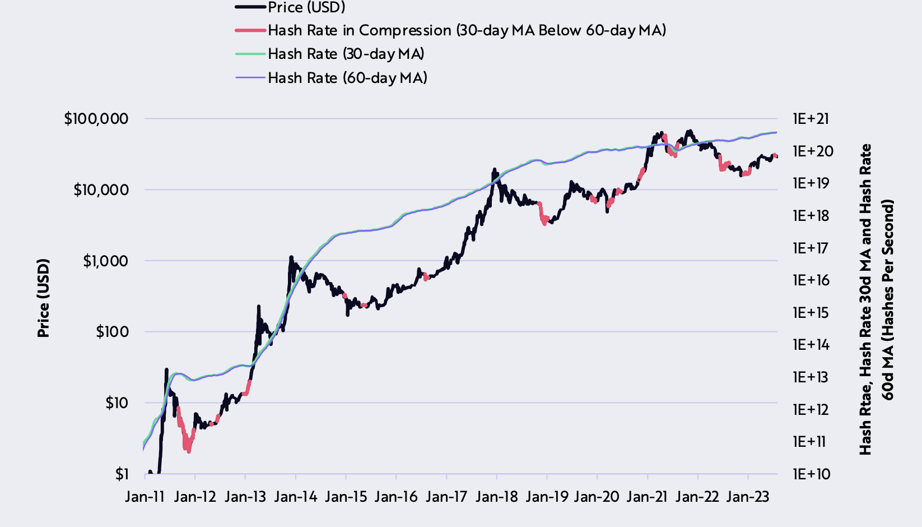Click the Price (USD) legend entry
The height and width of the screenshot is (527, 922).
306,7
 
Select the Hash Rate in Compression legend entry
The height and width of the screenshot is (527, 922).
467,30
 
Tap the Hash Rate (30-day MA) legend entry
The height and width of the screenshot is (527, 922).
346,54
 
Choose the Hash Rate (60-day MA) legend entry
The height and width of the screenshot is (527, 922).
347,77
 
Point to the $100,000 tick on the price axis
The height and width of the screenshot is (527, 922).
96,119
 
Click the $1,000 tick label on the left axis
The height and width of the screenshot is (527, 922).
106,261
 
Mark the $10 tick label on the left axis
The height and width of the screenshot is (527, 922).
117,403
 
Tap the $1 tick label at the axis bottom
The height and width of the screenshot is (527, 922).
122,474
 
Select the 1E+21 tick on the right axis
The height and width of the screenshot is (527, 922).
811,119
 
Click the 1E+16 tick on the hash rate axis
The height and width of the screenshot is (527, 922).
811,280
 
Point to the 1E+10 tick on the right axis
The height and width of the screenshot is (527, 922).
811,474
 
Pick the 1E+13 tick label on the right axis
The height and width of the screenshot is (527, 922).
811,377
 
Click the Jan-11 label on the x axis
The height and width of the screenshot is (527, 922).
145,497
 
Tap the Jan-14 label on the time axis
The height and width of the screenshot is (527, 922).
295,497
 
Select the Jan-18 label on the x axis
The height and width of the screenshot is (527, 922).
496,497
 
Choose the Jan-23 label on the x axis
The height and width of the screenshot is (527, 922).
748,497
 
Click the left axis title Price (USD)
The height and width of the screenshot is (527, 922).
44,298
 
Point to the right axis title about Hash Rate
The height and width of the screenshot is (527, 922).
877,299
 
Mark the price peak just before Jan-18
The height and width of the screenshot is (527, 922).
494,169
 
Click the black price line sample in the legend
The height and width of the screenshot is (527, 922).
250,7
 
